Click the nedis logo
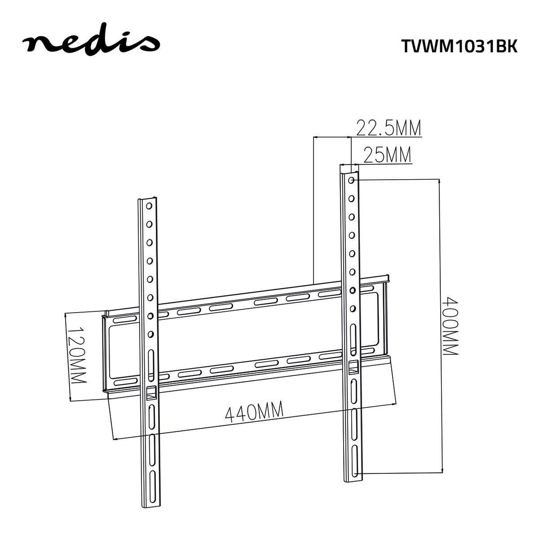click(x=91, y=43)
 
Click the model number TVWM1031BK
click(x=459, y=46)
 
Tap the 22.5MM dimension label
click(x=389, y=128)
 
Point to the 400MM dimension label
click(x=450, y=325)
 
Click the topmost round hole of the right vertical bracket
click(x=351, y=181)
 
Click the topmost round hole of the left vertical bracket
click(x=148, y=206)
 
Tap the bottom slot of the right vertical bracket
click(x=355, y=468)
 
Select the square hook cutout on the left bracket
click(x=151, y=392)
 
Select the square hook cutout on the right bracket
click(x=353, y=367)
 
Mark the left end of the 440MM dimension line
click(x=113, y=439)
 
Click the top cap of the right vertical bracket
click(x=349, y=168)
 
